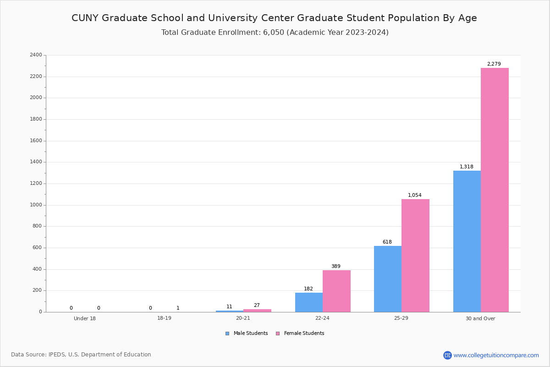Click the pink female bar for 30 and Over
495,190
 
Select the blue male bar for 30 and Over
467,241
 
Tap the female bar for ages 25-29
415,256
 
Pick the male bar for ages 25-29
387,279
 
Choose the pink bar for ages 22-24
336,291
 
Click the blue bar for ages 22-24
308,302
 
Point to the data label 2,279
494,64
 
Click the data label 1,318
466,167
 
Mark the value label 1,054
414,195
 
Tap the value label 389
335,267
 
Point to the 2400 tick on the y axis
35,55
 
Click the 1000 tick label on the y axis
35,205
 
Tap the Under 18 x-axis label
85,318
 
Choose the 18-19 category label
164,318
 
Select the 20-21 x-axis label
243,318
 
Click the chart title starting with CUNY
274,18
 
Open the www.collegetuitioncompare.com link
496,355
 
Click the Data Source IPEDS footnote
81,355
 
